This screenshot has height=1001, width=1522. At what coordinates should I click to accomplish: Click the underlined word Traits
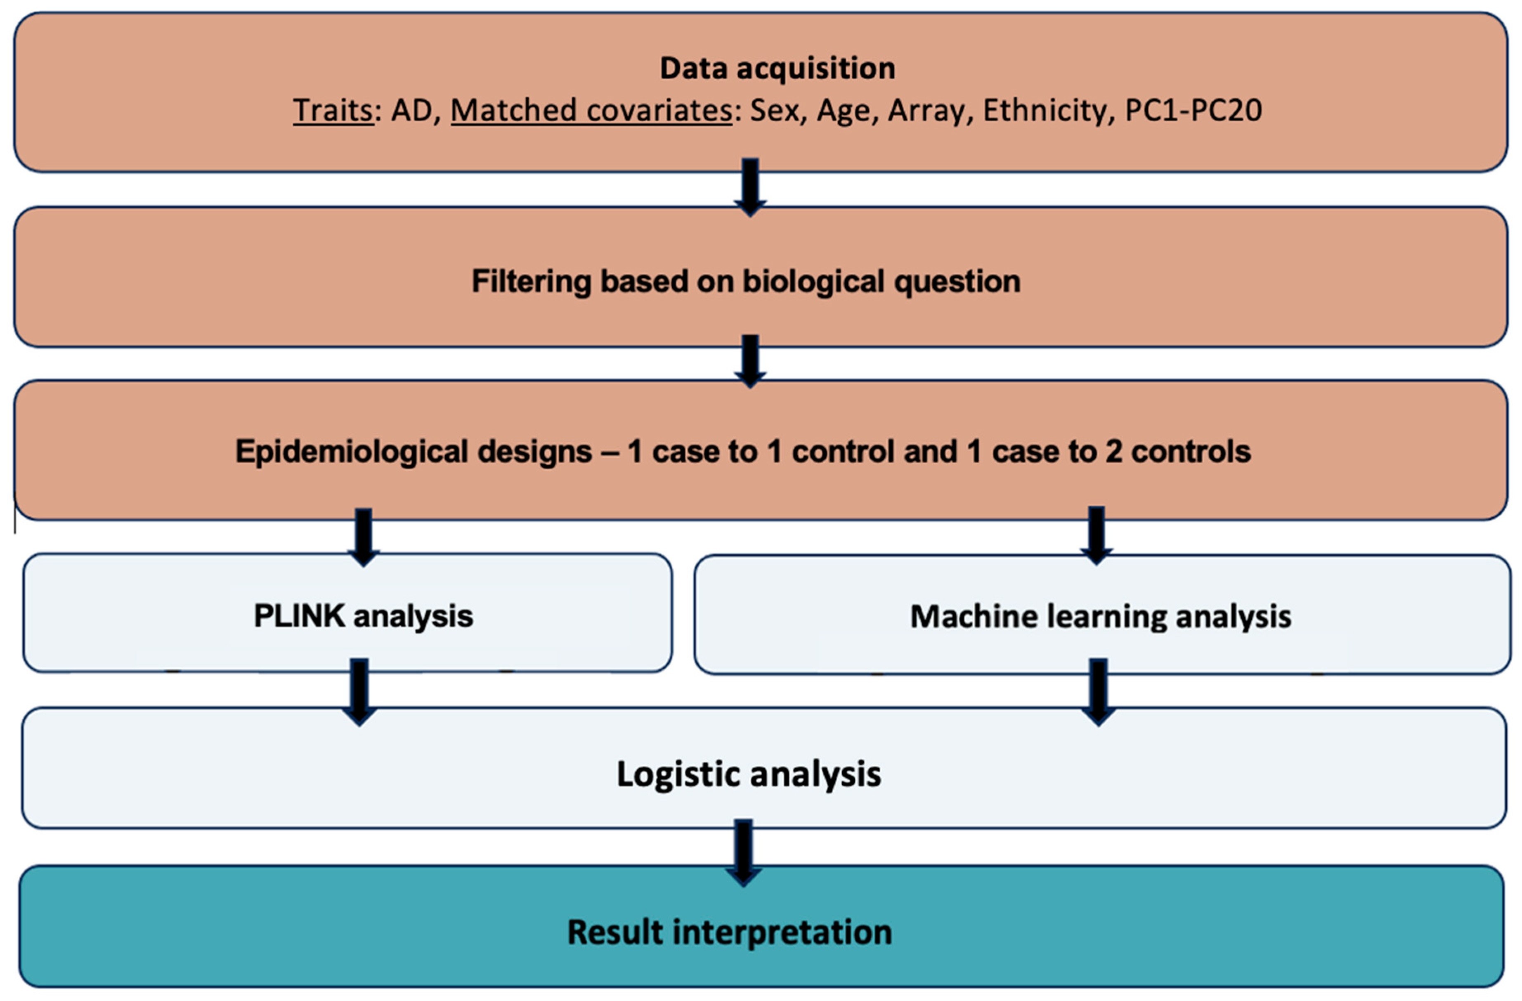pos(333,111)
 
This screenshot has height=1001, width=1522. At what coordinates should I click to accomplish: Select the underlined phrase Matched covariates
pos(591,111)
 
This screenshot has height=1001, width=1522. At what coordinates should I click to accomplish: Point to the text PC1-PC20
pos(1193,111)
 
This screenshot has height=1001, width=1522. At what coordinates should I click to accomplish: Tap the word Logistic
pos(678,774)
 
